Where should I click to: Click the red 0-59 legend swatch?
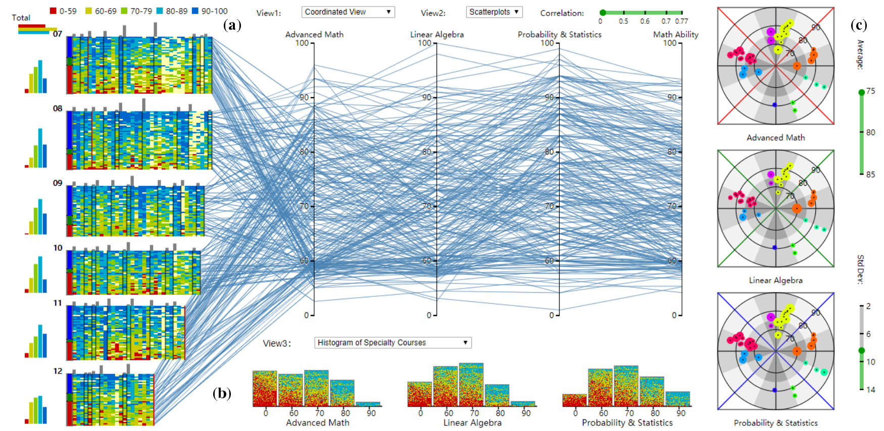pos(53,11)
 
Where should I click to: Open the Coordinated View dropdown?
pos(348,12)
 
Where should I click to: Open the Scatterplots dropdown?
pos(494,12)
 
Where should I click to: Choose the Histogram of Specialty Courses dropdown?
pos(392,343)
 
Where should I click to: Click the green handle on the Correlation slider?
pos(603,13)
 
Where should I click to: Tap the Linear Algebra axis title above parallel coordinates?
pos(437,34)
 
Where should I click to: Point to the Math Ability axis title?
pos(675,34)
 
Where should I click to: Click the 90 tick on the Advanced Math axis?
pos(304,97)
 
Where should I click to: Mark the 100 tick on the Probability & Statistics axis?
pos(547,43)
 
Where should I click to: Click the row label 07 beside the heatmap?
pos(58,34)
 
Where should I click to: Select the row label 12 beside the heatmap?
pos(58,371)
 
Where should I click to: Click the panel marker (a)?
pos(232,25)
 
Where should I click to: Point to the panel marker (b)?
pos(222,393)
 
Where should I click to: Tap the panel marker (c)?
pos(859,25)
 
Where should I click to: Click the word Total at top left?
pos(21,18)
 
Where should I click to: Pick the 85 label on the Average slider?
pos(870,175)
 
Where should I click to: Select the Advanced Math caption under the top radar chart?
pos(775,137)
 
